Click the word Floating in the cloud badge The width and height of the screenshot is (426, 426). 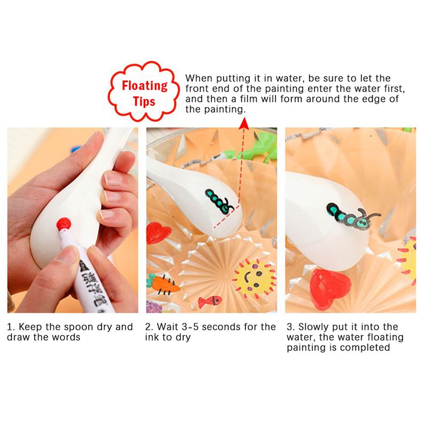pyautogui.click(x=144, y=86)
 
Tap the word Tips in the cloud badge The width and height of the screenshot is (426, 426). pyautogui.click(x=144, y=101)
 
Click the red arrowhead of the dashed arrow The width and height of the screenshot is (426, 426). pyautogui.click(x=244, y=124)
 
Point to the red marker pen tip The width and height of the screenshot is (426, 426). pyautogui.click(x=64, y=224)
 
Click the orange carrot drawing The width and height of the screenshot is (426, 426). pyautogui.click(x=163, y=284)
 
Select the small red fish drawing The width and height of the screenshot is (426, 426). pyautogui.click(x=210, y=301)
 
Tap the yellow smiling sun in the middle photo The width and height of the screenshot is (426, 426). pyautogui.click(x=254, y=277)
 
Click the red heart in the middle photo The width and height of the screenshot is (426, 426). pyautogui.click(x=158, y=233)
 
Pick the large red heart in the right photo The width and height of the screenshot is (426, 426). pyautogui.click(x=330, y=289)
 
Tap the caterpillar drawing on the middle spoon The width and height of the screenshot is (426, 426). pyautogui.click(x=219, y=201)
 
